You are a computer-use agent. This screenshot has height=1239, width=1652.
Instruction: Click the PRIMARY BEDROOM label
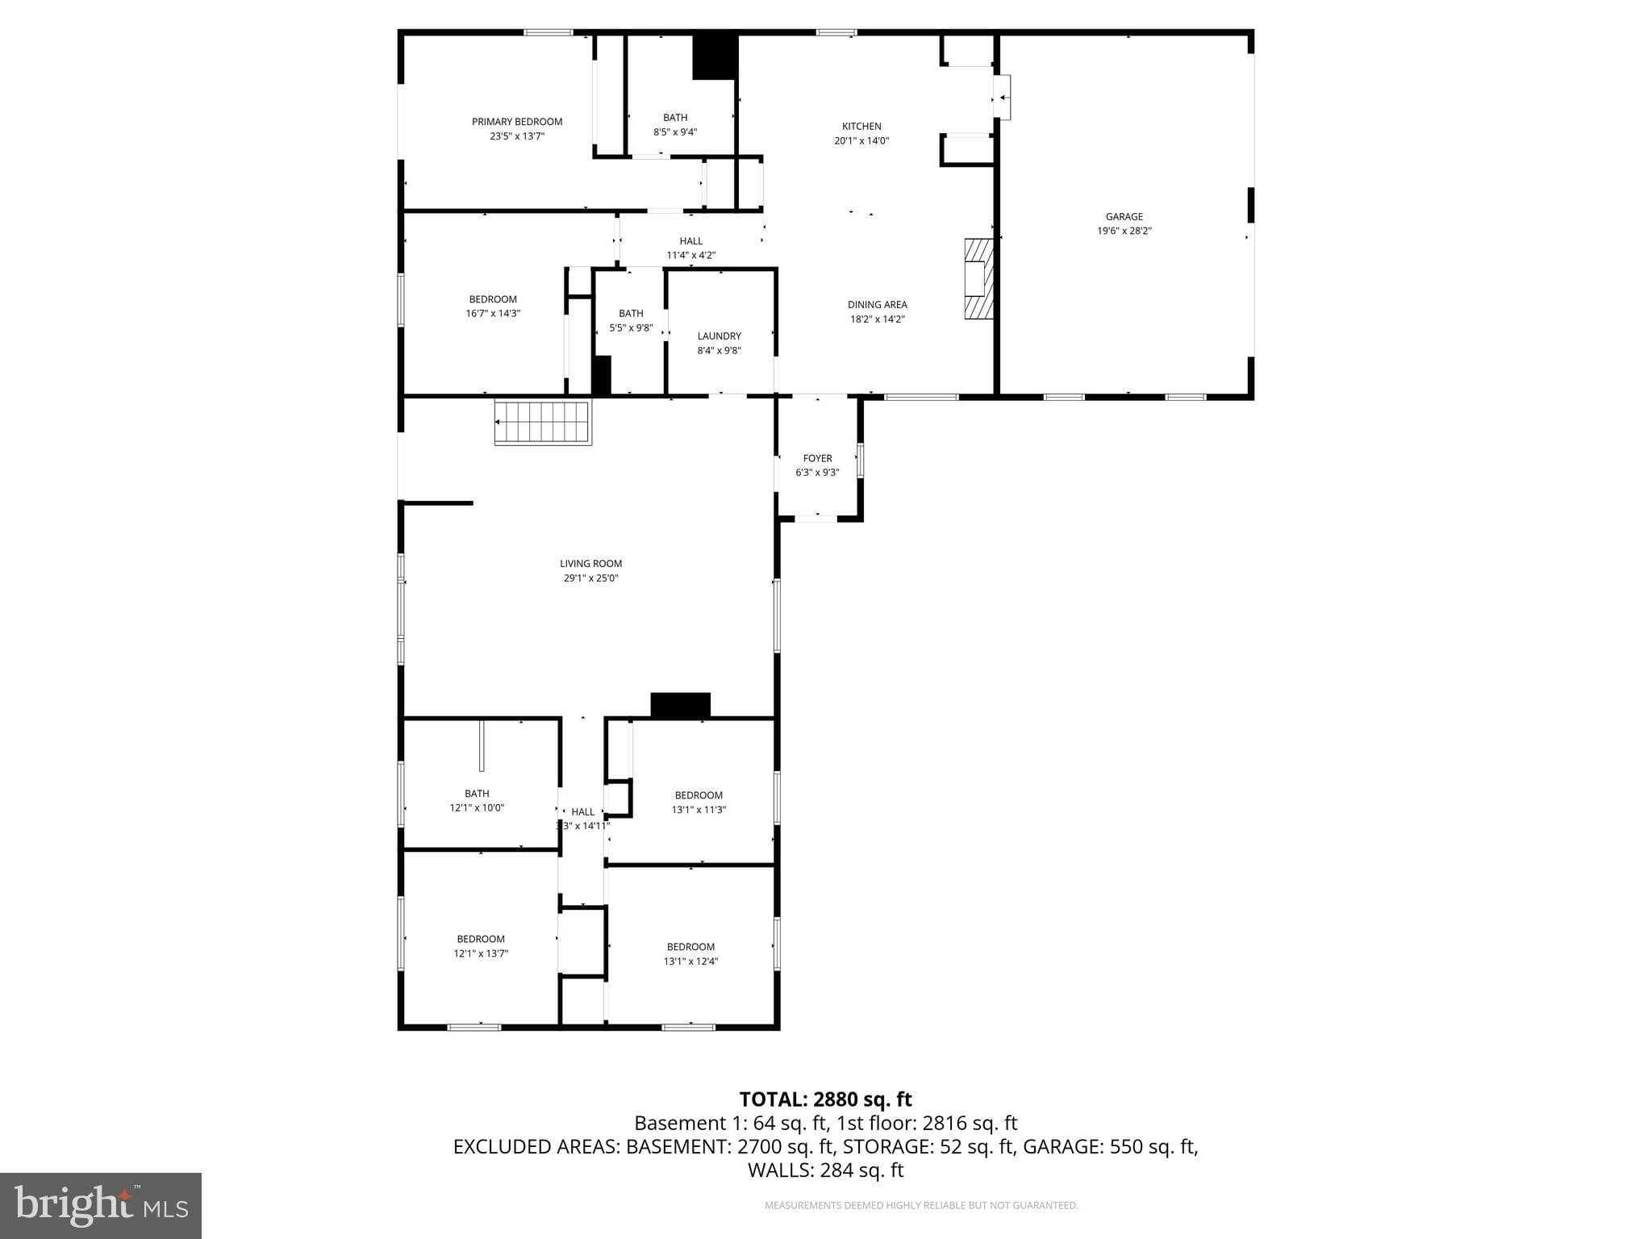517,122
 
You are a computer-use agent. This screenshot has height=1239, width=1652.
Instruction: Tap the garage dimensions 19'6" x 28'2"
1124,231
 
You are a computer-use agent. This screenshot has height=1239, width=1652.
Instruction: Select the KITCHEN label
861,127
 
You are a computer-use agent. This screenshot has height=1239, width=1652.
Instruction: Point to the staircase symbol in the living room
543,423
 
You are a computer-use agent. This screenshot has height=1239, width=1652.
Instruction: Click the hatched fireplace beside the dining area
978,279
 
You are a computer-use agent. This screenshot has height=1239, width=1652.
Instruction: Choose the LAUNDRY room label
719,336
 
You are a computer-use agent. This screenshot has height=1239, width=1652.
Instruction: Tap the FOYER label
817,458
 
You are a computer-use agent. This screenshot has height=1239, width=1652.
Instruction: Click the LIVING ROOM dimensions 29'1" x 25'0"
590,578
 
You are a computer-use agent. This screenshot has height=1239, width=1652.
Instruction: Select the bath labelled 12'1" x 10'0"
477,800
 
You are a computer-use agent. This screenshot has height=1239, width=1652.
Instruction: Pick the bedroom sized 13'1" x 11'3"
699,803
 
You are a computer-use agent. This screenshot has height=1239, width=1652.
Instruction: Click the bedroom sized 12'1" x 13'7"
481,946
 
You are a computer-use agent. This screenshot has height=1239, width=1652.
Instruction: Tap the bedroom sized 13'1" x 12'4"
690,954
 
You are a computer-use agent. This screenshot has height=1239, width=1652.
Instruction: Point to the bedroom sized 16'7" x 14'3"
493,307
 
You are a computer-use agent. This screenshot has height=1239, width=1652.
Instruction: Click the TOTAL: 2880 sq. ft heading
825,1099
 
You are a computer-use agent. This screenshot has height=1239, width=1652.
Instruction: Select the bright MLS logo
101,1205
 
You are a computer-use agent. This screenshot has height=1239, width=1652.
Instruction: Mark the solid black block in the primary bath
715,57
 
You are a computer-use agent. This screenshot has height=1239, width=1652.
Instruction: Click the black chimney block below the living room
680,705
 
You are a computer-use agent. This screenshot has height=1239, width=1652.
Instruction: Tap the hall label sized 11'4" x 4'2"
690,248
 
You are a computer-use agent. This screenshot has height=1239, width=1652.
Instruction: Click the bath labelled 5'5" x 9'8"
631,320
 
